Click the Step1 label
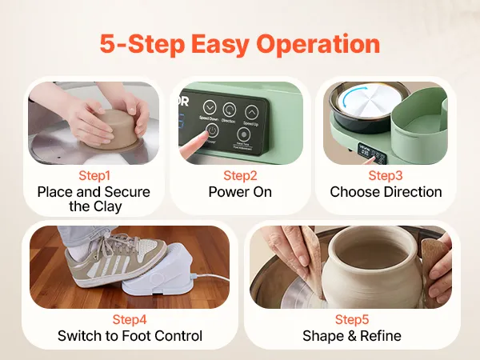pos(94,176)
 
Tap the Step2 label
pos(240,176)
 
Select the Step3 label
pos(386,176)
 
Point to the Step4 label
pos(130,319)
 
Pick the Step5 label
pos(352,319)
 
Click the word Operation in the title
pos(318,44)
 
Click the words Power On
pos(240,192)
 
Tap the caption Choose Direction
pos(386,192)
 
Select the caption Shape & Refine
pos(352,336)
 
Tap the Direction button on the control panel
pos(230,110)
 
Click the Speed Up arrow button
pos(252,112)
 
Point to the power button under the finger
pos(212,130)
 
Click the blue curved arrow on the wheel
pos(346,98)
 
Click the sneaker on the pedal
pos(115,258)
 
